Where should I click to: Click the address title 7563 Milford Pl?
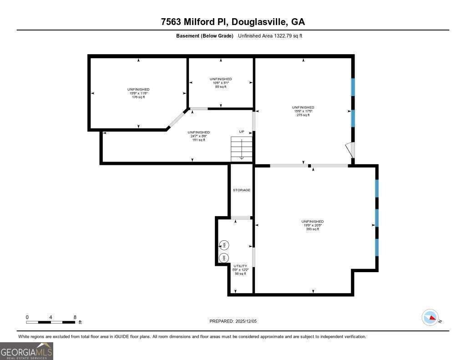click(233, 22)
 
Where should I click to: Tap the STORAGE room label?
click(242, 190)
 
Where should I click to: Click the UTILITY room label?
click(240, 266)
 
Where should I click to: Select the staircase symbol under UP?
click(242, 149)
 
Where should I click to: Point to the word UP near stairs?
click(242, 132)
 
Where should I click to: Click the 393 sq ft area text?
click(313, 229)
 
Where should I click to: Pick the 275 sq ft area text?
click(303, 115)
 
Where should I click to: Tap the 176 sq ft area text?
click(138, 97)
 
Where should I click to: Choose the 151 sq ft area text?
click(199, 140)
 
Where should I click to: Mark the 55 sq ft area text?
click(221, 86)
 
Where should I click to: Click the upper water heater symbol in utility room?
click(224, 245)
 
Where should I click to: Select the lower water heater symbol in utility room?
click(224, 258)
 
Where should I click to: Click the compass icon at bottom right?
click(430, 317)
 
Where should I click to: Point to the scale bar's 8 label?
click(75, 317)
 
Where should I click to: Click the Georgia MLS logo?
click(26, 351)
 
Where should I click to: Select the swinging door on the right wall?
click(349, 150)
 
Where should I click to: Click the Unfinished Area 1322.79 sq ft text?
click(270, 36)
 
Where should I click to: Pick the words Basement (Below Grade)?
click(205, 36)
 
